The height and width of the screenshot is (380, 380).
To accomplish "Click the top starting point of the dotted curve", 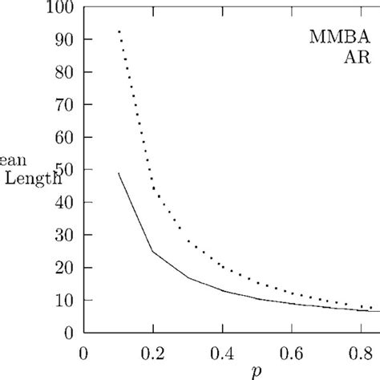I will click(x=119, y=31).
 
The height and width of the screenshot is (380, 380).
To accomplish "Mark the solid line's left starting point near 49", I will click(x=119, y=172).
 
